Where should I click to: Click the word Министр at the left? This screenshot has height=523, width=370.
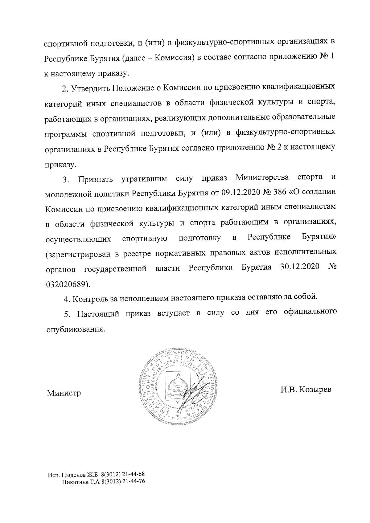click(64, 393)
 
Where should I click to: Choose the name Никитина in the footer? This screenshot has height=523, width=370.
click(74, 490)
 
